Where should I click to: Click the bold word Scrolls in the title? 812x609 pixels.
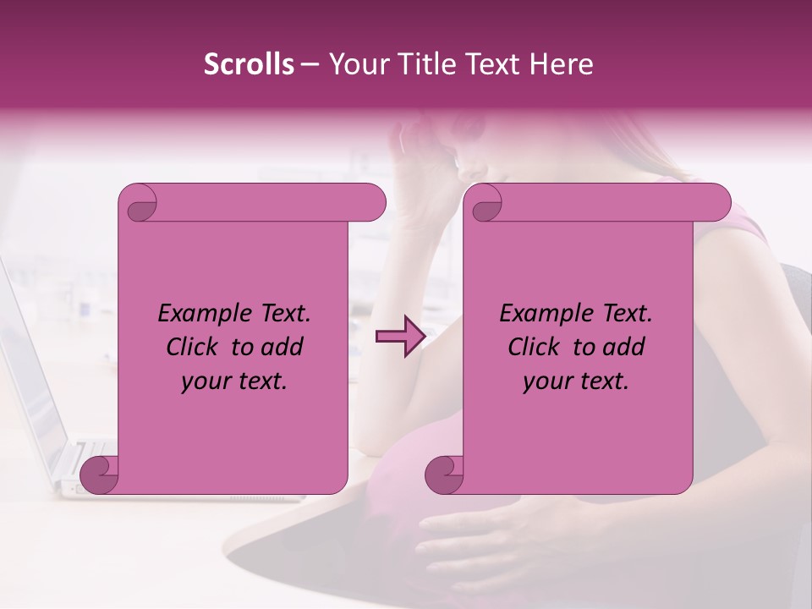tap(249, 64)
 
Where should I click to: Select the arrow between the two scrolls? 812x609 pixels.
tap(398, 337)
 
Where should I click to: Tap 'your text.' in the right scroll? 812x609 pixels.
tap(576, 381)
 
